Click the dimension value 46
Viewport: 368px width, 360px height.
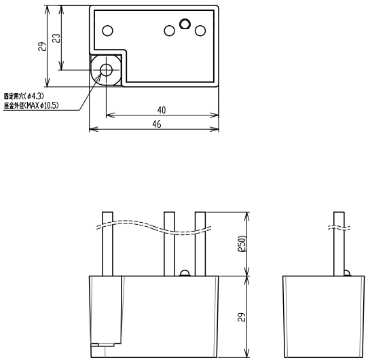(x=157, y=124)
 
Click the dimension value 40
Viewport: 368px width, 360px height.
(x=162, y=110)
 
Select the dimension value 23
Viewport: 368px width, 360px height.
(x=56, y=38)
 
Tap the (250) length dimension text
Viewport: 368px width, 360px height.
(x=242, y=244)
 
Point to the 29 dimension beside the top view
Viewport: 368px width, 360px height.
(x=42, y=46)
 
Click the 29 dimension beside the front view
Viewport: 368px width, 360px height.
(x=242, y=317)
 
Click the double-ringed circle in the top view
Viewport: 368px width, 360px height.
(x=185, y=24)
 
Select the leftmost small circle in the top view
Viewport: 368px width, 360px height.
(x=108, y=31)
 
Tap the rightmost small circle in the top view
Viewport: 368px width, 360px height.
(x=200, y=31)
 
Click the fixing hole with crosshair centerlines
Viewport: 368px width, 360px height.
(x=106, y=70)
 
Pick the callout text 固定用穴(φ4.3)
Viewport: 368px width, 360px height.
(x=24, y=96)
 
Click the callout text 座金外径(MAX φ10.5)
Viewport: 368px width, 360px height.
(x=31, y=105)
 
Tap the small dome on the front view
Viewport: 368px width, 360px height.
(x=185, y=273)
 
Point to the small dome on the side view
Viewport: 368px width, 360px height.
(x=347, y=273)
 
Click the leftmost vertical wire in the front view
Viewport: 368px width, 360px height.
(x=107, y=244)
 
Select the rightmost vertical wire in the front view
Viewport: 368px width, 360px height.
(x=200, y=244)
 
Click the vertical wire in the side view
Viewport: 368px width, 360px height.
(x=339, y=244)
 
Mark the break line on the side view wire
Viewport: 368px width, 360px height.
(x=339, y=228)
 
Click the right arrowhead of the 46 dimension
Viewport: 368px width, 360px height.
(x=215, y=129)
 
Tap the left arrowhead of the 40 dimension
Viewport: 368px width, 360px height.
(x=111, y=115)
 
